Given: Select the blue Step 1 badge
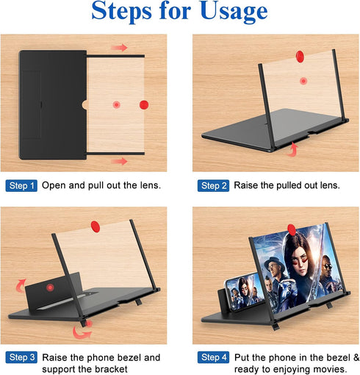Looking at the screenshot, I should [x=21, y=185].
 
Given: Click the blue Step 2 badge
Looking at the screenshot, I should [x=214, y=185].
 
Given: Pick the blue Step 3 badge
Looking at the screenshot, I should [x=21, y=357].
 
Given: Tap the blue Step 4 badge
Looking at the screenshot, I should [x=214, y=357].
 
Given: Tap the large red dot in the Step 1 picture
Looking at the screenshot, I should [x=144, y=104].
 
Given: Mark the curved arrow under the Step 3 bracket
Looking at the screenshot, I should [x=82, y=332].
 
